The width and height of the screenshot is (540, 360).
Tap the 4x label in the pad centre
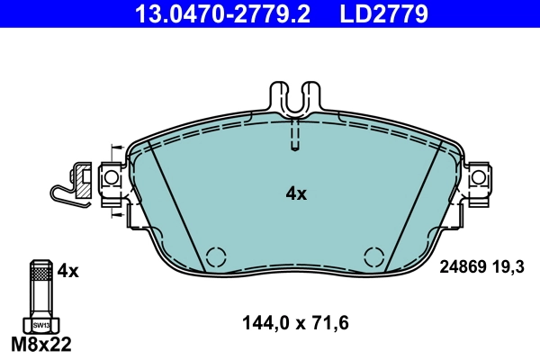click(296, 193)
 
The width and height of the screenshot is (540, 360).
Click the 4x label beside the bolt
click(68, 270)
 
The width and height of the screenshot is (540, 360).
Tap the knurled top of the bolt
click(39, 267)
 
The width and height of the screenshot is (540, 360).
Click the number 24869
click(463, 267)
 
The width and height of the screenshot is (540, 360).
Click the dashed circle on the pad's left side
click(216, 256)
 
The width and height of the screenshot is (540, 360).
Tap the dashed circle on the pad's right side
click(373, 256)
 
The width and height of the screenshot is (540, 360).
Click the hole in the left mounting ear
click(112, 179)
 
